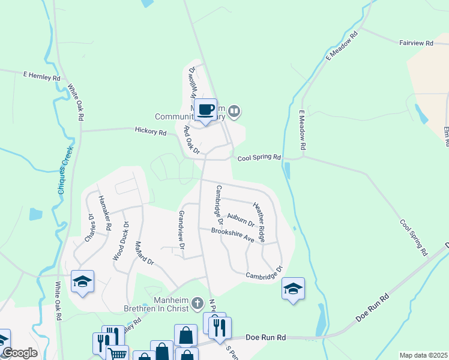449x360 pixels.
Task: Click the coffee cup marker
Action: tap(206, 110)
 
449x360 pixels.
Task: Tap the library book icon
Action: tap(235, 110)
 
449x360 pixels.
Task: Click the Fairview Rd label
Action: tap(416, 43)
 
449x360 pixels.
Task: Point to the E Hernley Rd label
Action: tap(42, 77)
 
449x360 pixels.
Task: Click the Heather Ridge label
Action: tap(259, 221)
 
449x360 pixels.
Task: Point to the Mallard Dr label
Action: tap(145, 254)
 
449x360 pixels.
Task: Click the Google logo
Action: tap(20, 353)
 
